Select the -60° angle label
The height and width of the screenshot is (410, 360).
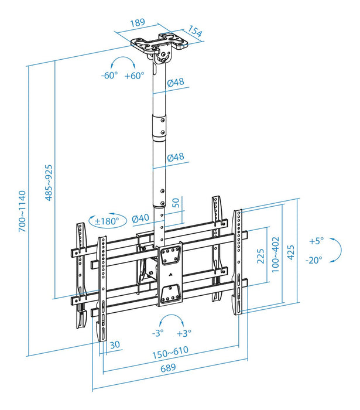(x=109, y=76)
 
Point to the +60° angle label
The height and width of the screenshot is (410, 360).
(x=135, y=76)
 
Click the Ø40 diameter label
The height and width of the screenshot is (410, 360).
(x=140, y=218)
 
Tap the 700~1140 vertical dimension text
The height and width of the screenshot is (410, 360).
(x=23, y=211)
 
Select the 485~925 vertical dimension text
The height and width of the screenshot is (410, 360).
(x=50, y=181)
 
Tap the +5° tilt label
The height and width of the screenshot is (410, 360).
(x=316, y=241)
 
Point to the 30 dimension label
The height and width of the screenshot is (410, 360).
(x=114, y=344)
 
